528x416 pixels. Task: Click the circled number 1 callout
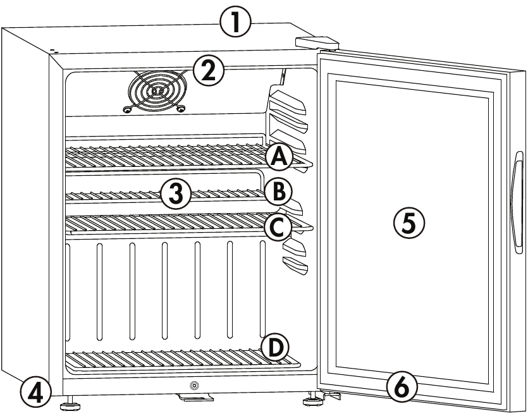click(235, 23)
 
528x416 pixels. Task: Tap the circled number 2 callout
click(209, 71)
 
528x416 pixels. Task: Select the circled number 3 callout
click(176, 194)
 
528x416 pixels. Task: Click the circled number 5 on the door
click(409, 223)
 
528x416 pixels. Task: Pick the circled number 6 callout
click(402, 387)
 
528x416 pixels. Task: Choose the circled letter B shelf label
click(278, 192)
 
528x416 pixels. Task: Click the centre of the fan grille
click(157, 91)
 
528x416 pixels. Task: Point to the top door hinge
click(317, 43)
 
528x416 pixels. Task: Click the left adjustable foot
click(70, 403)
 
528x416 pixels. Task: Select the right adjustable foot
click(313, 399)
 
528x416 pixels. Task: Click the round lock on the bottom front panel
click(194, 384)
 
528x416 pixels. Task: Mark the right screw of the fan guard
click(181, 108)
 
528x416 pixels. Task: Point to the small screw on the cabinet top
click(53, 50)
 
